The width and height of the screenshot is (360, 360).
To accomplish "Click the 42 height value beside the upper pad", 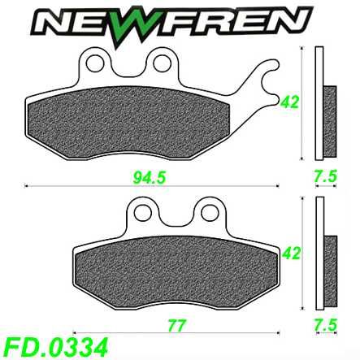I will tap(287, 102).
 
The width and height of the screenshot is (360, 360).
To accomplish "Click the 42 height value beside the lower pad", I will tap(286, 253).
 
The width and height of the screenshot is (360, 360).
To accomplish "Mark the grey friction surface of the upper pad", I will tap(138, 122).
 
